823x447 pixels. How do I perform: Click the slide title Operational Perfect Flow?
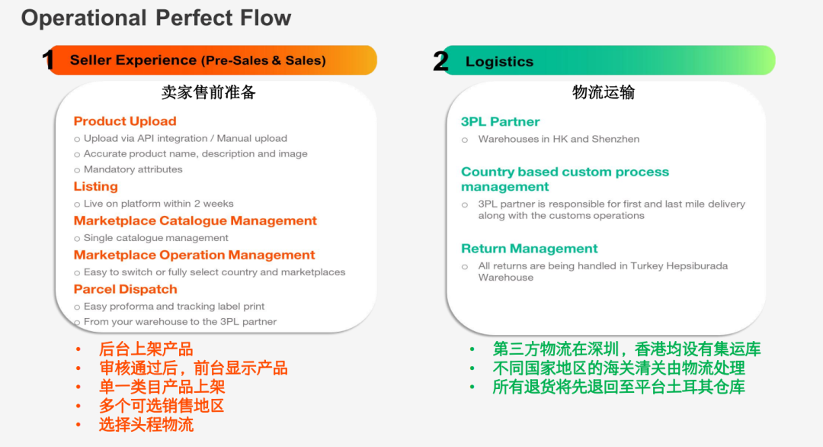pyautogui.click(x=156, y=18)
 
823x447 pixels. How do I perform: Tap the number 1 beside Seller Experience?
pyautogui.click(x=49, y=60)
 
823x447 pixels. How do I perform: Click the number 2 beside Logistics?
pyautogui.click(x=440, y=61)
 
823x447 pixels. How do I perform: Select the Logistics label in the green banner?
pyautogui.click(x=499, y=62)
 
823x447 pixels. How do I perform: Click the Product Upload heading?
pyautogui.click(x=125, y=121)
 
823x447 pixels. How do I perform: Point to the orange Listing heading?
pyautogui.click(x=96, y=187)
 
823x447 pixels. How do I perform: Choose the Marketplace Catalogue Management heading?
pyautogui.click(x=195, y=221)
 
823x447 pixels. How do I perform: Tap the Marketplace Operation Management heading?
pyautogui.click(x=194, y=256)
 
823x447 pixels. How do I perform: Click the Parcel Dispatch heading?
pyautogui.click(x=126, y=290)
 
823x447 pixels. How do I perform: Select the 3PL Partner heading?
pyautogui.click(x=500, y=122)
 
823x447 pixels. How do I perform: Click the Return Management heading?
pyautogui.click(x=530, y=249)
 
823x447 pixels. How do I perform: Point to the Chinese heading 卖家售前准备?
pyautogui.click(x=209, y=92)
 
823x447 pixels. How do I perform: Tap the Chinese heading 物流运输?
pyautogui.click(x=604, y=92)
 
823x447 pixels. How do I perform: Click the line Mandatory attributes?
pyautogui.click(x=133, y=169)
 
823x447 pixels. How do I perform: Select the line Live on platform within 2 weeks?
pyautogui.click(x=159, y=204)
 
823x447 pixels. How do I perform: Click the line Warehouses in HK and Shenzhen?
pyautogui.click(x=559, y=139)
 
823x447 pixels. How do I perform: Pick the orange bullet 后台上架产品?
pyautogui.click(x=146, y=349)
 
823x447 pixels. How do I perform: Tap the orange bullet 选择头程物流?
pyautogui.click(x=146, y=425)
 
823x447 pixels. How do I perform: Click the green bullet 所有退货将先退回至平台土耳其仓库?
pyautogui.click(x=619, y=387)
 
